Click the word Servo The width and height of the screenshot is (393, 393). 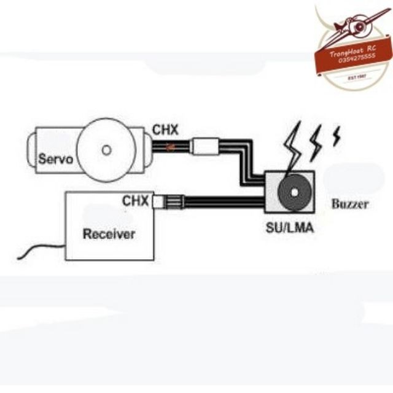(x=55, y=159)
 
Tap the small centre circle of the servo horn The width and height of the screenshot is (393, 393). (x=107, y=149)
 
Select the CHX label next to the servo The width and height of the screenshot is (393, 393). (x=165, y=130)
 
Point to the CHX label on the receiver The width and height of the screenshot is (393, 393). (x=135, y=201)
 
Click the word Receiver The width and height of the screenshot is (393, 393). (x=109, y=234)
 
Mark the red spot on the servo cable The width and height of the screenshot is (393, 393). (x=171, y=146)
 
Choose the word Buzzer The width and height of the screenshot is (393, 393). (x=350, y=204)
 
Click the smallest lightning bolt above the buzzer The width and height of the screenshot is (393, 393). (x=336, y=136)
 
